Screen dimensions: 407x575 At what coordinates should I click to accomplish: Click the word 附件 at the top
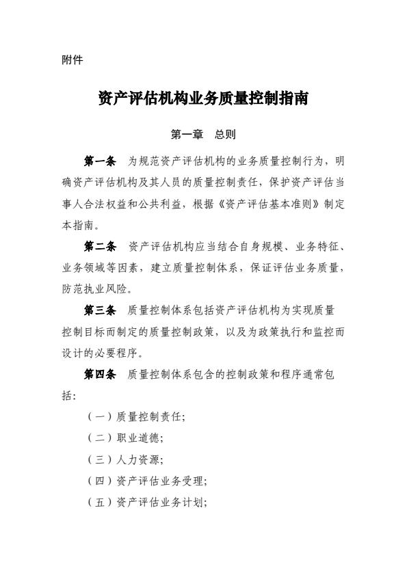pos(72,60)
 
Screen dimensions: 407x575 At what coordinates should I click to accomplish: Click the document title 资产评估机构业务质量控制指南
pos(203,99)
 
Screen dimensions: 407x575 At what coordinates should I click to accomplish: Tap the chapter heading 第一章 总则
pos(203,135)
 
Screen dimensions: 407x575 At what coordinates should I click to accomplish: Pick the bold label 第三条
pos(100,311)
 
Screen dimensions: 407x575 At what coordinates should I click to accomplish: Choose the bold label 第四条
pos(100,375)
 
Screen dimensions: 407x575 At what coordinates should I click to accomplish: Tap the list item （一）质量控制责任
pos(136,416)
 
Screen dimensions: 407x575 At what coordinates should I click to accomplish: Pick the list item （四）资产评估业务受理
pos(147,481)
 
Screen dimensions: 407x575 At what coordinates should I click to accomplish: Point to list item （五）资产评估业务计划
pos(147,503)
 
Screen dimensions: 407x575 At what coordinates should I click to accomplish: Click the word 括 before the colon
pos(67,396)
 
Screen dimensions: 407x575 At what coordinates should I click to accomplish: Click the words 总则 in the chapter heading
pos(225,135)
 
